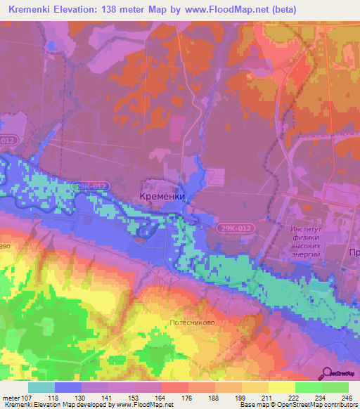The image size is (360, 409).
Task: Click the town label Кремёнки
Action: tap(162, 197)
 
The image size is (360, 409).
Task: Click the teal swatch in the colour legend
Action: tap(41, 387)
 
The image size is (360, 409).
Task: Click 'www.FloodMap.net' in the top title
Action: tap(225, 10)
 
